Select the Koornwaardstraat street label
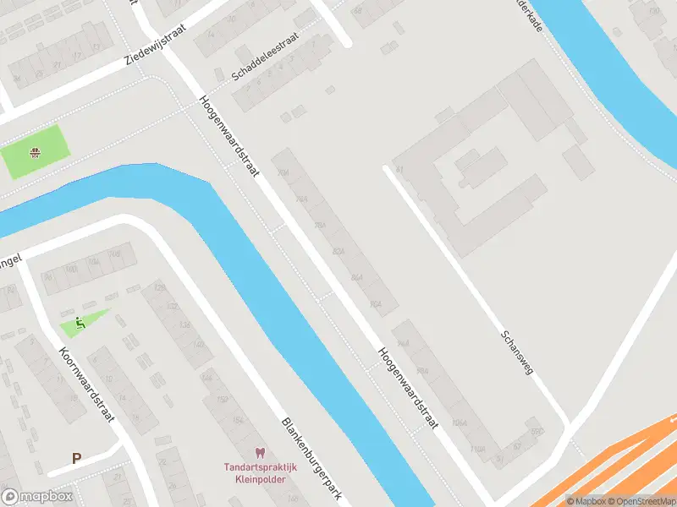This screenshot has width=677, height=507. pyautogui.click(x=87, y=384)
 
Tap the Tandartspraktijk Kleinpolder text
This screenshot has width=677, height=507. pyautogui.click(x=255, y=473)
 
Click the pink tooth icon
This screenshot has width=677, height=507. pyautogui.click(x=260, y=454)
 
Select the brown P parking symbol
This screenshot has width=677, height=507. pyautogui.click(x=76, y=459)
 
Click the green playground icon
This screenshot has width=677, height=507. pyautogui.click(x=80, y=321)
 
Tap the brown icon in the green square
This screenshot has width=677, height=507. pyautogui.click(x=36, y=153)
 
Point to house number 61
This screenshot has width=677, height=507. pyautogui.click(x=398, y=169)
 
